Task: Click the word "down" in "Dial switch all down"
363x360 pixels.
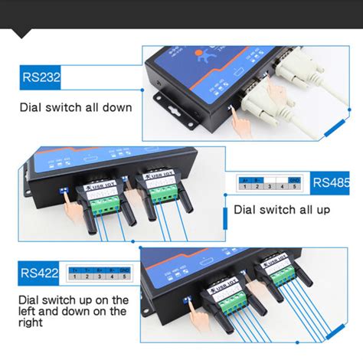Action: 113,108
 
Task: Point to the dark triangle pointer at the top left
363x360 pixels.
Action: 23,33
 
